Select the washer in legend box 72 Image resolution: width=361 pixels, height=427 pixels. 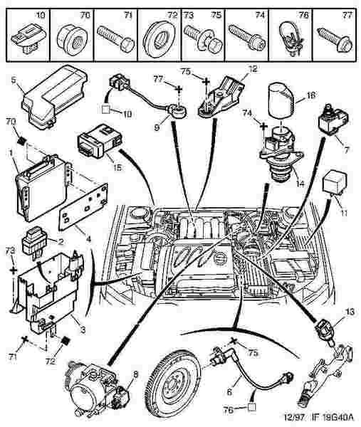click(159, 39)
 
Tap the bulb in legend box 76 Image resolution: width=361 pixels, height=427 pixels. click(291, 38)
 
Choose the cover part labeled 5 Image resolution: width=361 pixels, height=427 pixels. click(55, 97)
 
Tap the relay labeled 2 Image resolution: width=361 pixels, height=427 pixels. click(34, 241)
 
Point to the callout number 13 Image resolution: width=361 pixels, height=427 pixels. click(350, 312)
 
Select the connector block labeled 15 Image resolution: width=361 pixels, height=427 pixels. click(100, 141)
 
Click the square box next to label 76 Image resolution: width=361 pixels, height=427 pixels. click(252, 408)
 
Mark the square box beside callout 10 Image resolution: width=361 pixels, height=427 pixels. click(105, 110)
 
